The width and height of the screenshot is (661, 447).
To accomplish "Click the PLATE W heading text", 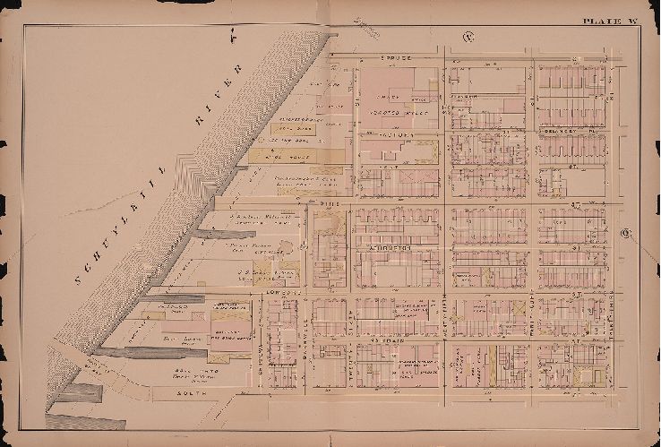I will (609, 21).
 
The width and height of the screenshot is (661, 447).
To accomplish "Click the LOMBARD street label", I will (273, 293).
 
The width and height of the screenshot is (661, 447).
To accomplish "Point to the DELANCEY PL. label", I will (564, 130).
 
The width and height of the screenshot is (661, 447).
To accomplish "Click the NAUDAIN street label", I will (387, 340).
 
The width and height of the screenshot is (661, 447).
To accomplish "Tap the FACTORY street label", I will (397, 134).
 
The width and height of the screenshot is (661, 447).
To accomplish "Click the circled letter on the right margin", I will (624, 234).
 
